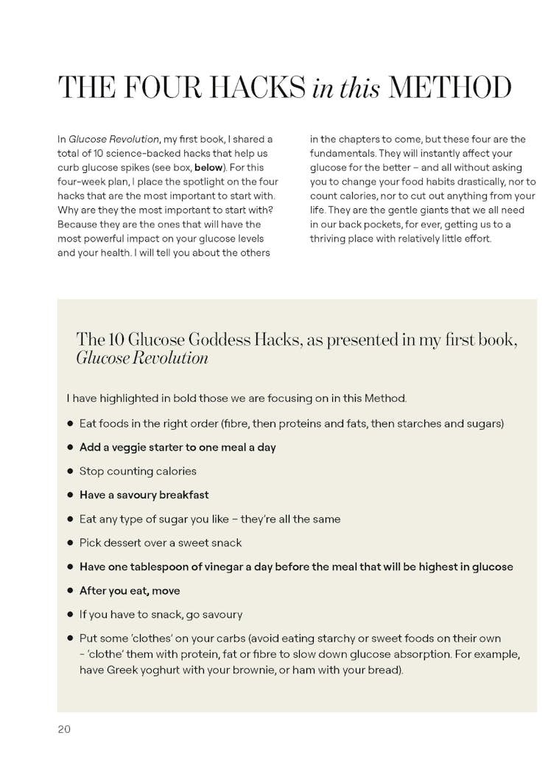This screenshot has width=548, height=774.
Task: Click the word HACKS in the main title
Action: tap(257, 88)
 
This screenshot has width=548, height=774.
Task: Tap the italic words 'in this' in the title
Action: tap(346, 89)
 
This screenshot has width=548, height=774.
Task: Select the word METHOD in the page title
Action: tap(449, 88)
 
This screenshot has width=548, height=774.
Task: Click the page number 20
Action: tap(64, 729)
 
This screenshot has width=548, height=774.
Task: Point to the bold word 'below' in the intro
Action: tap(208, 167)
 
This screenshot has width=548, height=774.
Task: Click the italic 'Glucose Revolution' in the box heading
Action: tap(142, 358)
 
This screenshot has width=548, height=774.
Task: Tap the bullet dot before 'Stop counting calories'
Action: tap(71, 471)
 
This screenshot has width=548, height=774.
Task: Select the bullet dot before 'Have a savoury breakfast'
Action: tap(71, 495)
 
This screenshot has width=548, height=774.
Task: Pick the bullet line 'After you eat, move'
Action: tap(130, 591)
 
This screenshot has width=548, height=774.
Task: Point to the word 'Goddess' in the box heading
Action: tap(219, 339)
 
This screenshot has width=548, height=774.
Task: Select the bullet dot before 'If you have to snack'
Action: tap(71, 614)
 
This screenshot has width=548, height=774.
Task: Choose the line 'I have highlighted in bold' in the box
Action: tap(236, 398)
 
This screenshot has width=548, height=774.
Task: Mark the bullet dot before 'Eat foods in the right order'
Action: tap(71, 424)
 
